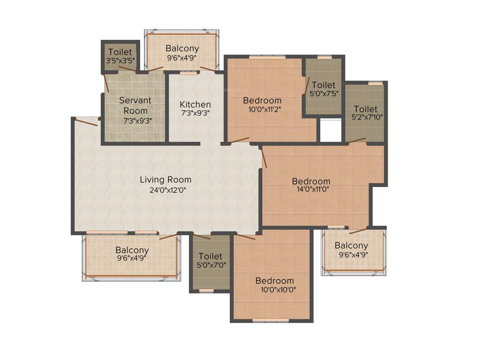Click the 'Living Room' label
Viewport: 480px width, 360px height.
[x=165, y=180]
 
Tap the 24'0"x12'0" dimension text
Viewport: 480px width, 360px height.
[x=165, y=190]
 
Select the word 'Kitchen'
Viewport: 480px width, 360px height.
[x=195, y=104]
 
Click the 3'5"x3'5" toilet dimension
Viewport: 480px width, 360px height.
[x=120, y=61]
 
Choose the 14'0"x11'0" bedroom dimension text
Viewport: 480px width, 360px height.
[x=311, y=190]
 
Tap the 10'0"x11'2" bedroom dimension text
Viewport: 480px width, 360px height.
[x=262, y=109]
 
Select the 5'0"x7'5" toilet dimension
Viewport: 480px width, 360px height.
[x=323, y=93]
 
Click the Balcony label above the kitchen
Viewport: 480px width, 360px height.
[x=182, y=48]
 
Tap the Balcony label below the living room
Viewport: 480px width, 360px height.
[x=132, y=250]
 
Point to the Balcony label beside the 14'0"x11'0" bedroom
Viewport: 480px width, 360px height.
[x=351, y=246]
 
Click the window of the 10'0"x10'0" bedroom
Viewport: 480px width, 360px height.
[x=271, y=321]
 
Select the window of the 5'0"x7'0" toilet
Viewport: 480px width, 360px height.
[x=206, y=290]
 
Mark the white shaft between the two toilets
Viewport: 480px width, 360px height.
[x=331, y=130]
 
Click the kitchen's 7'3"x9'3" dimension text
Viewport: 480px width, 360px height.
[x=195, y=113]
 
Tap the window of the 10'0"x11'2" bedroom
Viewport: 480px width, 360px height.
[x=267, y=57]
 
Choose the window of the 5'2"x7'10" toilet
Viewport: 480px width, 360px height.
[x=375, y=83]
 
